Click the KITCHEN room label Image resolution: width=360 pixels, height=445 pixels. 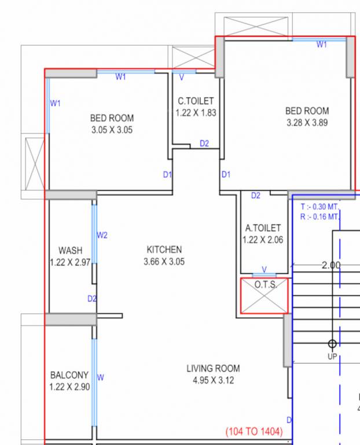point(164,249)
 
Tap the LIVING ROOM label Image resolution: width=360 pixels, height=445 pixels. point(213,368)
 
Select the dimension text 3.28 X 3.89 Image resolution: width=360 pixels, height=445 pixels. point(307,123)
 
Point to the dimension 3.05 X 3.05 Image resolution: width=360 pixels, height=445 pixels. point(112,130)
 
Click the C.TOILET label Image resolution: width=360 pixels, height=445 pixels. point(196,101)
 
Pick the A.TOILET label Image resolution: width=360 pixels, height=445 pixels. point(263,228)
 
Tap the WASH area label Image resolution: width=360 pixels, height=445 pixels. point(70,250)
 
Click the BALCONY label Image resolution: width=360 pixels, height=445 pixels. point(69,375)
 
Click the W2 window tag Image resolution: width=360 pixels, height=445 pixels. point(102,235)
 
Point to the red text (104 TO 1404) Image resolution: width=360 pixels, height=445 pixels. point(254,432)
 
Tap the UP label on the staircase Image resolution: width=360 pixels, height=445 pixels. point(332,356)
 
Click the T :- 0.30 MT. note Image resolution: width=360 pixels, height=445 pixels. point(319,206)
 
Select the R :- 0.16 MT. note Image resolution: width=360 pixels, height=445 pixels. point(319,217)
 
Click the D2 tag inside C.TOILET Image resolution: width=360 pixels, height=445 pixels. point(204,143)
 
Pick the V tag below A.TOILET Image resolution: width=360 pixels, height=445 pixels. point(264,269)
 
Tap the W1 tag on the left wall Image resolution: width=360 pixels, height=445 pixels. point(56,103)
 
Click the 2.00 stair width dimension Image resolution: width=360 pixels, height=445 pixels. point(331,265)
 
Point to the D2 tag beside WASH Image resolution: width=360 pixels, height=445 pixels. point(92,298)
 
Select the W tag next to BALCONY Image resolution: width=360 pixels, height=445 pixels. point(100,377)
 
